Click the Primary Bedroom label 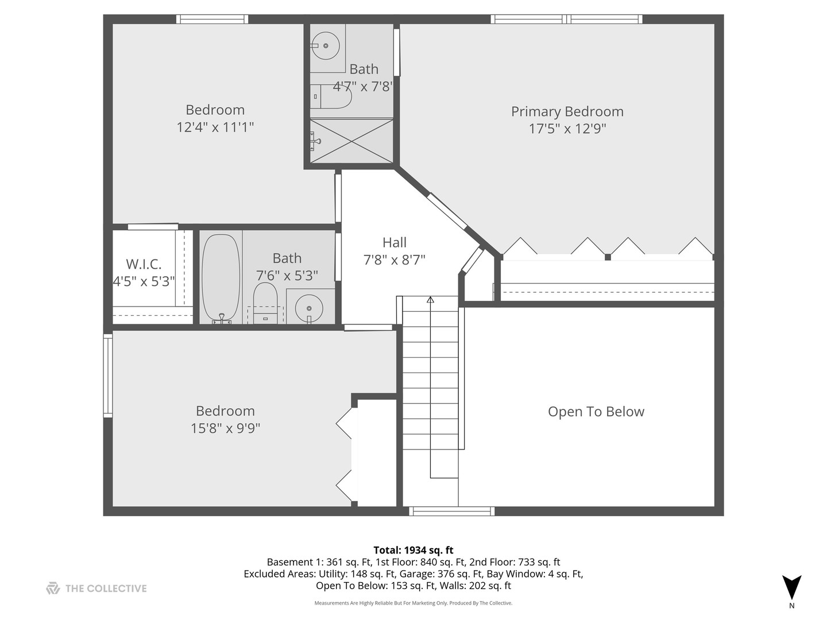point(567,111)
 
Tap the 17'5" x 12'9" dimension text point(567,129)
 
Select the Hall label point(394,243)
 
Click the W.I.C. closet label point(144,264)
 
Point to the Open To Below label point(596,412)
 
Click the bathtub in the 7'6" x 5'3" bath point(221,278)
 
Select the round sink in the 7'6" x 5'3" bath point(309,307)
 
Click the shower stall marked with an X point(351,141)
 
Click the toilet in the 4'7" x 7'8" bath point(332,96)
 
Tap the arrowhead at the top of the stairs point(430,299)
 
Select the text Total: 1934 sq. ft point(413,550)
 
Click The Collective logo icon point(53,588)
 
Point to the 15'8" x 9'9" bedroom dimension point(225,428)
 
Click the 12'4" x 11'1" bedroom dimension point(215,127)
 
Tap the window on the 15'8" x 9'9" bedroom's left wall point(107,375)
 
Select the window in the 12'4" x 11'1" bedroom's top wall point(212,19)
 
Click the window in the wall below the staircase point(451,511)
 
